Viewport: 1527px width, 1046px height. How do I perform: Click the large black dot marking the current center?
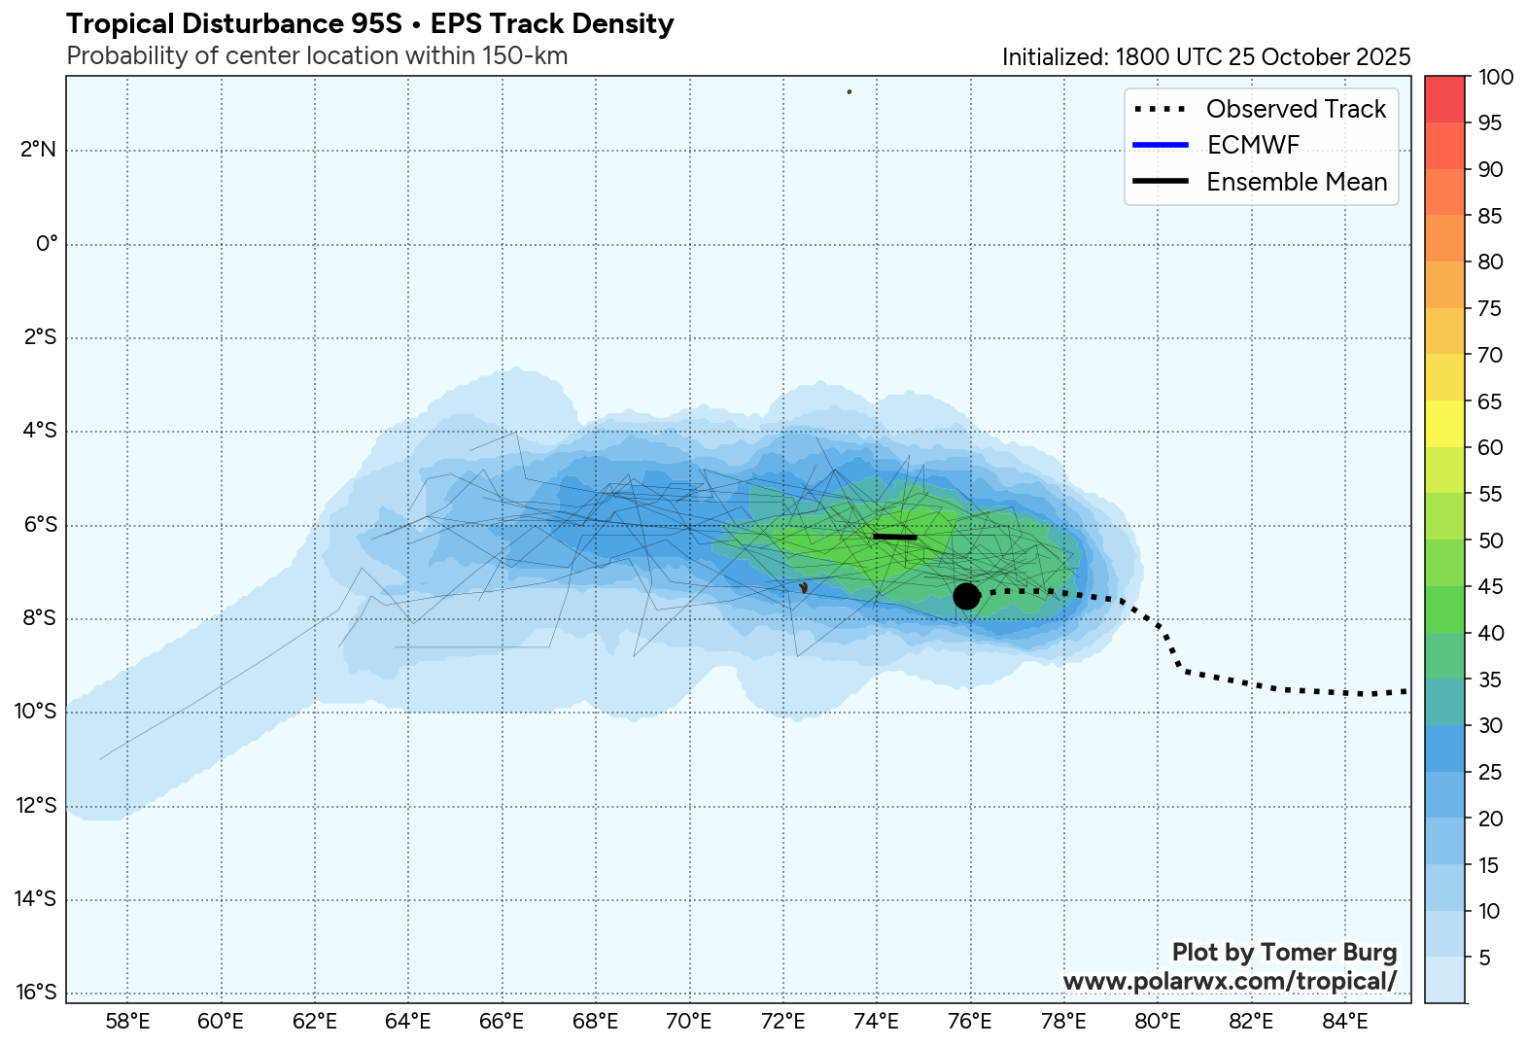click(x=965, y=596)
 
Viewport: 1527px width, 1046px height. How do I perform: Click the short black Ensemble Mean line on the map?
click(x=894, y=537)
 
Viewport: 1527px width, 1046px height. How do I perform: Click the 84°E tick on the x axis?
click(x=1345, y=1022)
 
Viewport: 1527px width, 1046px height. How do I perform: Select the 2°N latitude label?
click(x=40, y=150)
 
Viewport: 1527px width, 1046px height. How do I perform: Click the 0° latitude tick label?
click(x=47, y=244)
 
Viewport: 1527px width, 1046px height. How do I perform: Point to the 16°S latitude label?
click(x=37, y=993)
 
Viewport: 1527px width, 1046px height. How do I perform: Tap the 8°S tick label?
click(x=40, y=618)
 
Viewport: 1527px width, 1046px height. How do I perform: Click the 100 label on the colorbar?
click(x=1495, y=77)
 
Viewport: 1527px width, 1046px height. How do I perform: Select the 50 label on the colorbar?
click(x=1490, y=540)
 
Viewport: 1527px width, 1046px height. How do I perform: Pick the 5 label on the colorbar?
click(x=1484, y=959)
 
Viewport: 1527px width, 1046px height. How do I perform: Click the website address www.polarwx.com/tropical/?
click(x=1230, y=981)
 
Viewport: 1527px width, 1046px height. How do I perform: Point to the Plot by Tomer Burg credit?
click(x=1284, y=952)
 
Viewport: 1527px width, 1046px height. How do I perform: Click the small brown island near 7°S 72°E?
click(x=803, y=588)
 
